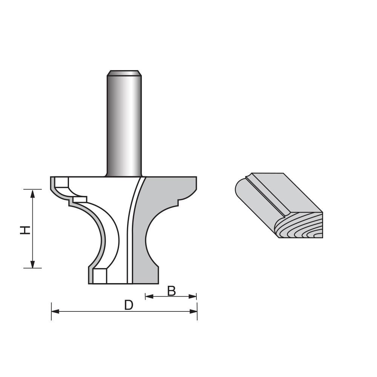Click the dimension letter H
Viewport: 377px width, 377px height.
(25, 230)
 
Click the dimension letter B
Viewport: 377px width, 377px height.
(172, 291)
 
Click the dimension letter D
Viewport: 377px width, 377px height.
(129, 305)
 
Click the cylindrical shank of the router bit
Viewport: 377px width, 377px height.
(124, 124)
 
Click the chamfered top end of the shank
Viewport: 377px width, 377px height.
(124, 73)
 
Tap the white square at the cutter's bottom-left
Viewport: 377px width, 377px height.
(100, 276)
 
